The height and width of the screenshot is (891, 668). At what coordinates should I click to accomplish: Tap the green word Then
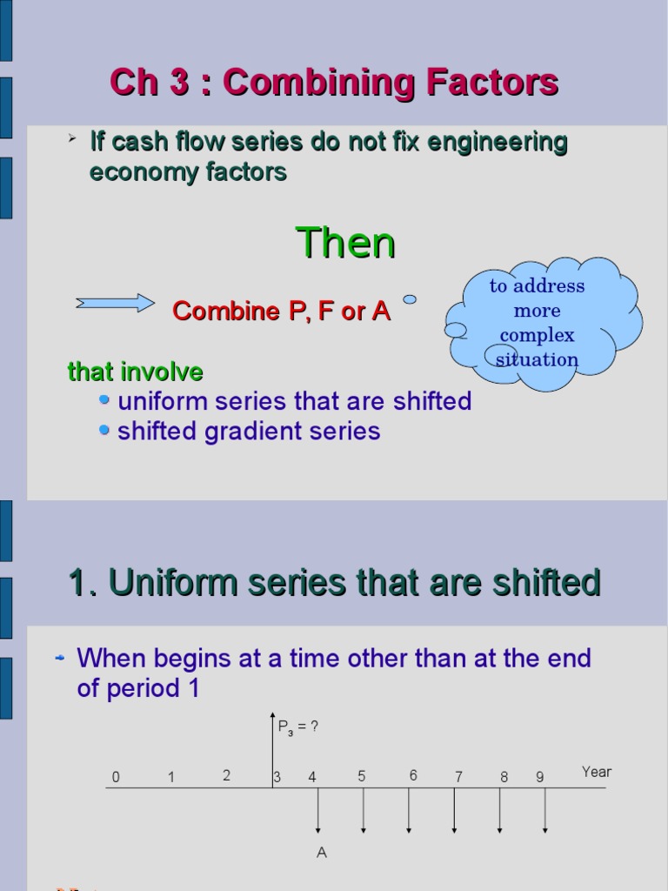[x=345, y=244]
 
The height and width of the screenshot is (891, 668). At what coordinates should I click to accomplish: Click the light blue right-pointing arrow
[x=116, y=304]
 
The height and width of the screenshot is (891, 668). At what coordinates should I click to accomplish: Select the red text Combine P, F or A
[x=282, y=311]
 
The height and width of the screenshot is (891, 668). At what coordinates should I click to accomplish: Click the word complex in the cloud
[x=537, y=335]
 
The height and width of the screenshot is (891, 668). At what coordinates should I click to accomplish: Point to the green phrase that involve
[x=135, y=372]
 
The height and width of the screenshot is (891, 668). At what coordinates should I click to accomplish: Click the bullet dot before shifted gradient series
[x=104, y=430]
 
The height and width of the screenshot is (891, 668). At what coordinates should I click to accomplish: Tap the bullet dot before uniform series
[x=104, y=400]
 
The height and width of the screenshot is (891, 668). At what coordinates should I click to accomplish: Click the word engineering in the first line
[x=497, y=142]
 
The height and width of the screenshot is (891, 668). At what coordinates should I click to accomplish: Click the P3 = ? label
[x=298, y=727]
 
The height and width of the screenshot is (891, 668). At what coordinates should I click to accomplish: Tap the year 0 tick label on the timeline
[x=116, y=777]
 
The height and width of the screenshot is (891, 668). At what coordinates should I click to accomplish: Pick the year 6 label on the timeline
[x=413, y=775]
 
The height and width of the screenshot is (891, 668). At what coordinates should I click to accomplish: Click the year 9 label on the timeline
[x=539, y=777]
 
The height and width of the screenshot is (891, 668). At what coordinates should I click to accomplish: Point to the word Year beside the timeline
[x=597, y=772]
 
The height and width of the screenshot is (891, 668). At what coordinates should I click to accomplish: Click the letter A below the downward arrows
[x=322, y=853]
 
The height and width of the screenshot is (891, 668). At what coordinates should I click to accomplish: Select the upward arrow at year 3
[x=272, y=749]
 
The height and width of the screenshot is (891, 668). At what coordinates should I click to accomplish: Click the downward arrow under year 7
[x=454, y=811]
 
